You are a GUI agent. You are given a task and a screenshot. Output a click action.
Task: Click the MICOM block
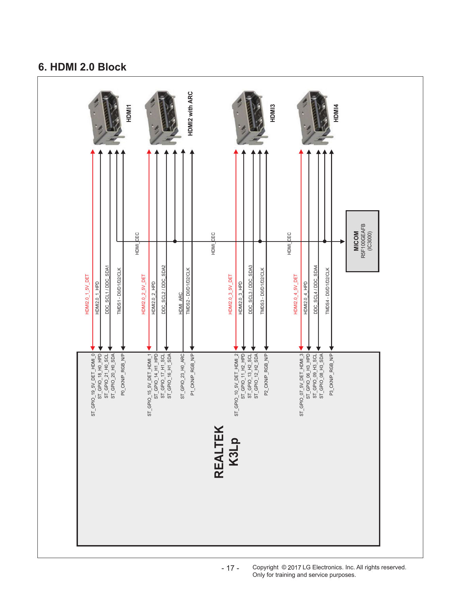pos(362,241)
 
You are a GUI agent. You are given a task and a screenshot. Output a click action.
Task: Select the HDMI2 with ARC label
pos(190,113)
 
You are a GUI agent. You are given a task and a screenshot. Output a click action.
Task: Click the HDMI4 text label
pos(336,113)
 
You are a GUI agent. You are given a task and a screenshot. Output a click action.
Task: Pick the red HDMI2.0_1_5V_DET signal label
pos(87,294)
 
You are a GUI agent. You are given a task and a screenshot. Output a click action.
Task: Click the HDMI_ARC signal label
pos(181,303)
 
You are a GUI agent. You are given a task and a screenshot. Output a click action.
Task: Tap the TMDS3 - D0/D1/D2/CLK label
pos(262,291)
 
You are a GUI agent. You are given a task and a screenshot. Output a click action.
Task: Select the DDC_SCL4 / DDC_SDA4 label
pos(315,290)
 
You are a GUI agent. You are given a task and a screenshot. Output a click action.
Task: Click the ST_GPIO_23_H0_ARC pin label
pos(183,376)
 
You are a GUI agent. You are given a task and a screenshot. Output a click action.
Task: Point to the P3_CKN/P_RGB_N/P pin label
pos(331,374)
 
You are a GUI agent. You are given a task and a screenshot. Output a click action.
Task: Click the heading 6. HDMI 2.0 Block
pos(82,67)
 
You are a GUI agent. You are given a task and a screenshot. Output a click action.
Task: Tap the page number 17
pos(230,568)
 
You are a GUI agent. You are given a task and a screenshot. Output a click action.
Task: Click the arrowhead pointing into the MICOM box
pos(343,241)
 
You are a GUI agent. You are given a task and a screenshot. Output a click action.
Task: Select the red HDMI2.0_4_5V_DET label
pos(296,294)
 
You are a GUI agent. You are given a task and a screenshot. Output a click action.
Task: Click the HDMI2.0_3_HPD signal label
pos(241,298)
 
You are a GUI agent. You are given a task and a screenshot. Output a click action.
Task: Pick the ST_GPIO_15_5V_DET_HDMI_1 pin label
pos(149,385)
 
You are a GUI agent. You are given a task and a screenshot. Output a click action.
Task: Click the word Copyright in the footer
pos(265,568)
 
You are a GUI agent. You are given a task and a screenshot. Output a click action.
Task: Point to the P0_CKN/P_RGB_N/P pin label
pos(123,374)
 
